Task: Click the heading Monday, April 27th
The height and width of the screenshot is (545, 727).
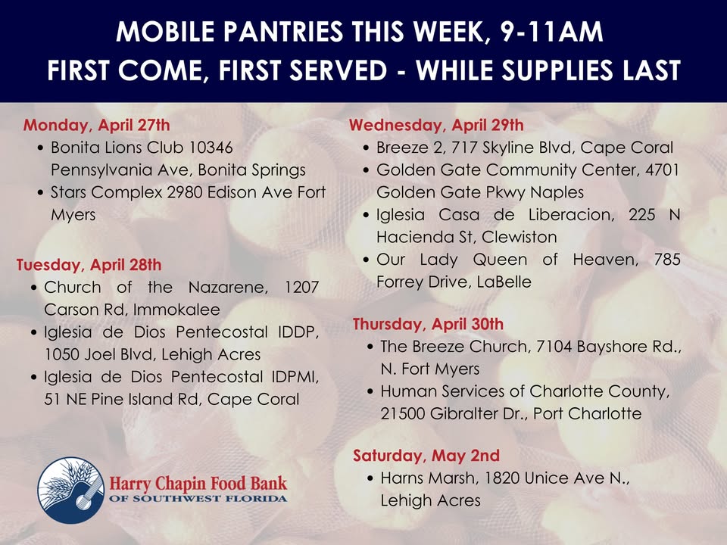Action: [x=96, y=125]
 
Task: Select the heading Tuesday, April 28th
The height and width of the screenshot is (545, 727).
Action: [x=89, y=265]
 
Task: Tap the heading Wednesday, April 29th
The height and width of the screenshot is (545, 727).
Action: [x=435, y=125]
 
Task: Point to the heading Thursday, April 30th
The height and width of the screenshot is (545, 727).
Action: [x=428, y=325]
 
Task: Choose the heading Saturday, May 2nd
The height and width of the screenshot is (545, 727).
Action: [x=426, y=456]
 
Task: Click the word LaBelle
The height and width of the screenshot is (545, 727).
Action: [x=504, y=282]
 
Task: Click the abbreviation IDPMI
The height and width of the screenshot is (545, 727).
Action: [x=294, y=377]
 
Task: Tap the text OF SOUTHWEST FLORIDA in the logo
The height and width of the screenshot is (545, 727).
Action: [x=198, y=499]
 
